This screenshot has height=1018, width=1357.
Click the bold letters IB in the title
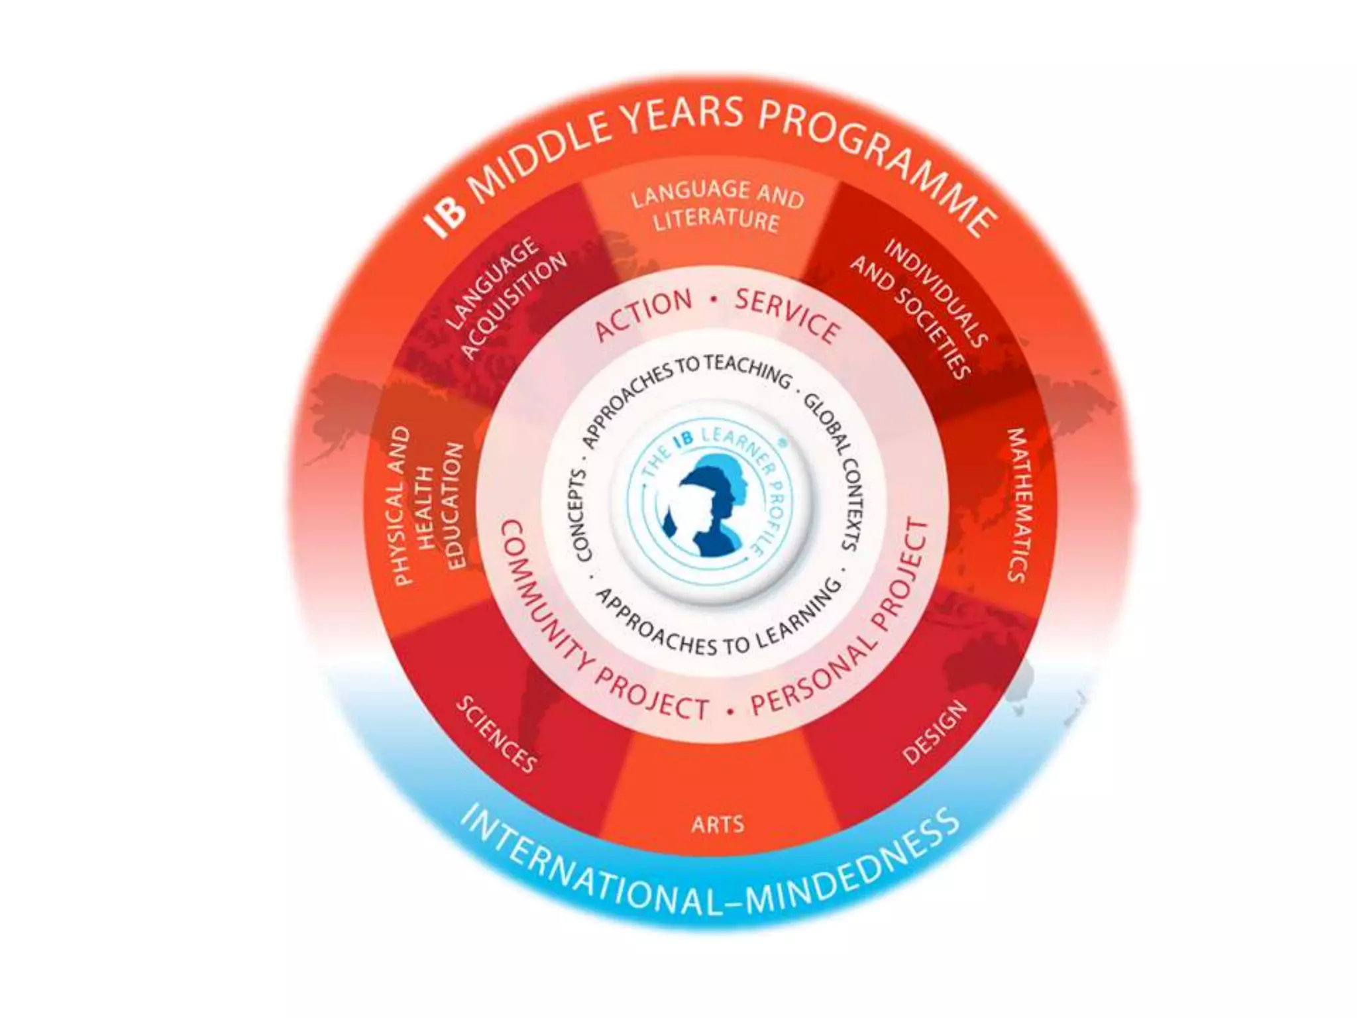(446, 216)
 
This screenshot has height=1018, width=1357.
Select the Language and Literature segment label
(717, 206)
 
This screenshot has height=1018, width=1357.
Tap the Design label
(935, 732)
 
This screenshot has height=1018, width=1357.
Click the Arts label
(718, 824)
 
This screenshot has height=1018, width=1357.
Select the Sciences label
(496, 734)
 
